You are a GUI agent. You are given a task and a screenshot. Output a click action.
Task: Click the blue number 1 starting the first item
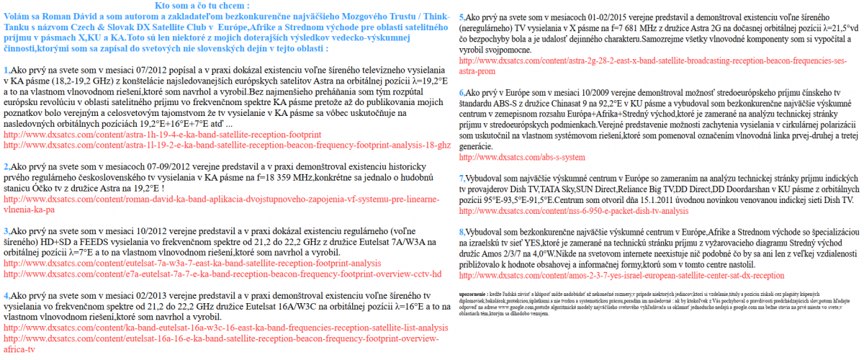pyautogui.click(x=6, y=71)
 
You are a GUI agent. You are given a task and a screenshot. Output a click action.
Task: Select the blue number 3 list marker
pyautogui.click(x=6, y=231)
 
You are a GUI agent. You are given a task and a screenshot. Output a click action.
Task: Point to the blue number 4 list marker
pyautogui.click(x=6, y=295)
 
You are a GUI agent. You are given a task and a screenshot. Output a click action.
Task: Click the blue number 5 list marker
pyautogui.click(x=462, y=17)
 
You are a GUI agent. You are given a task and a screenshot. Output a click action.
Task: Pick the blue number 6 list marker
pyautogui.click(x=462, y=93)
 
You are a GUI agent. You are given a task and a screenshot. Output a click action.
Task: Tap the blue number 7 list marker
pyautogui.click(x=462, y=178)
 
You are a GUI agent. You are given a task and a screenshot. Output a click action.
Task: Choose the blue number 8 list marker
pyautogui.click(x=462, y=233)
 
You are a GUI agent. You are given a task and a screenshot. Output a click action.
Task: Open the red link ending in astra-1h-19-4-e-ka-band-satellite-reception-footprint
pyautogui.click(x=162, y=135)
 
